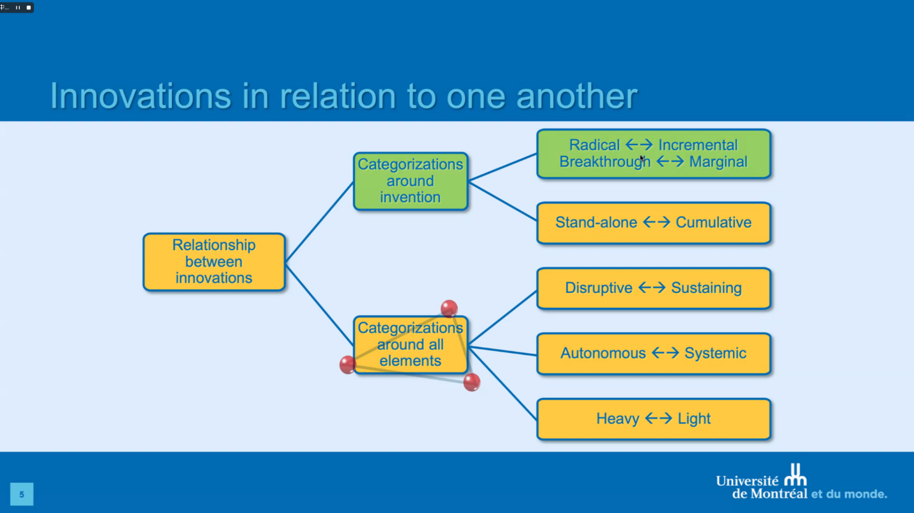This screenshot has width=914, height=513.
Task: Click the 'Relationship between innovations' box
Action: click(214, 262)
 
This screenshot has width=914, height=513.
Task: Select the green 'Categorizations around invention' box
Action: click(410, 181)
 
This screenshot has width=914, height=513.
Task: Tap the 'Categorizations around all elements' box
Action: click(410, 345)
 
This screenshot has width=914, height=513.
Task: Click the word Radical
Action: click(594, 145)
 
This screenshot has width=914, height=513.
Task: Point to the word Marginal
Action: click(718, 162)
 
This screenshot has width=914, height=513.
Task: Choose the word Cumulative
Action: click(713, 223)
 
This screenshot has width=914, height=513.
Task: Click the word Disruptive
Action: click(599, 288)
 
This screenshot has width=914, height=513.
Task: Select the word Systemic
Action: click(715, 353)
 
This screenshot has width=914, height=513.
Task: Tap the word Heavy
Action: click(618, 419)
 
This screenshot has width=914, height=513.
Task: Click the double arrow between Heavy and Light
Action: click(658, 419)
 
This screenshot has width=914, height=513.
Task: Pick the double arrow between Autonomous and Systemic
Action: click(665, 353)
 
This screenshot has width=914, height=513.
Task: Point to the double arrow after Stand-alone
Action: click(656, 223)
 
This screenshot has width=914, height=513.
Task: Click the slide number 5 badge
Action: click(22, 494)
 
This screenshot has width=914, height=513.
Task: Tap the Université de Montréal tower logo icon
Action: click(796, 475)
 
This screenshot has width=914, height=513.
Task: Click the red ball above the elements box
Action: click(449, 308)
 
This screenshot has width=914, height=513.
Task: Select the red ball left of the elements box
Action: click(347, 365)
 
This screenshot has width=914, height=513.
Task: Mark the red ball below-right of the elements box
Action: click(471, 383)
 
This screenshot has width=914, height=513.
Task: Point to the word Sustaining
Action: click(706, 288)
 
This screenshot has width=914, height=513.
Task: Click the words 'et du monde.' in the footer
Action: click(849, 494)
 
